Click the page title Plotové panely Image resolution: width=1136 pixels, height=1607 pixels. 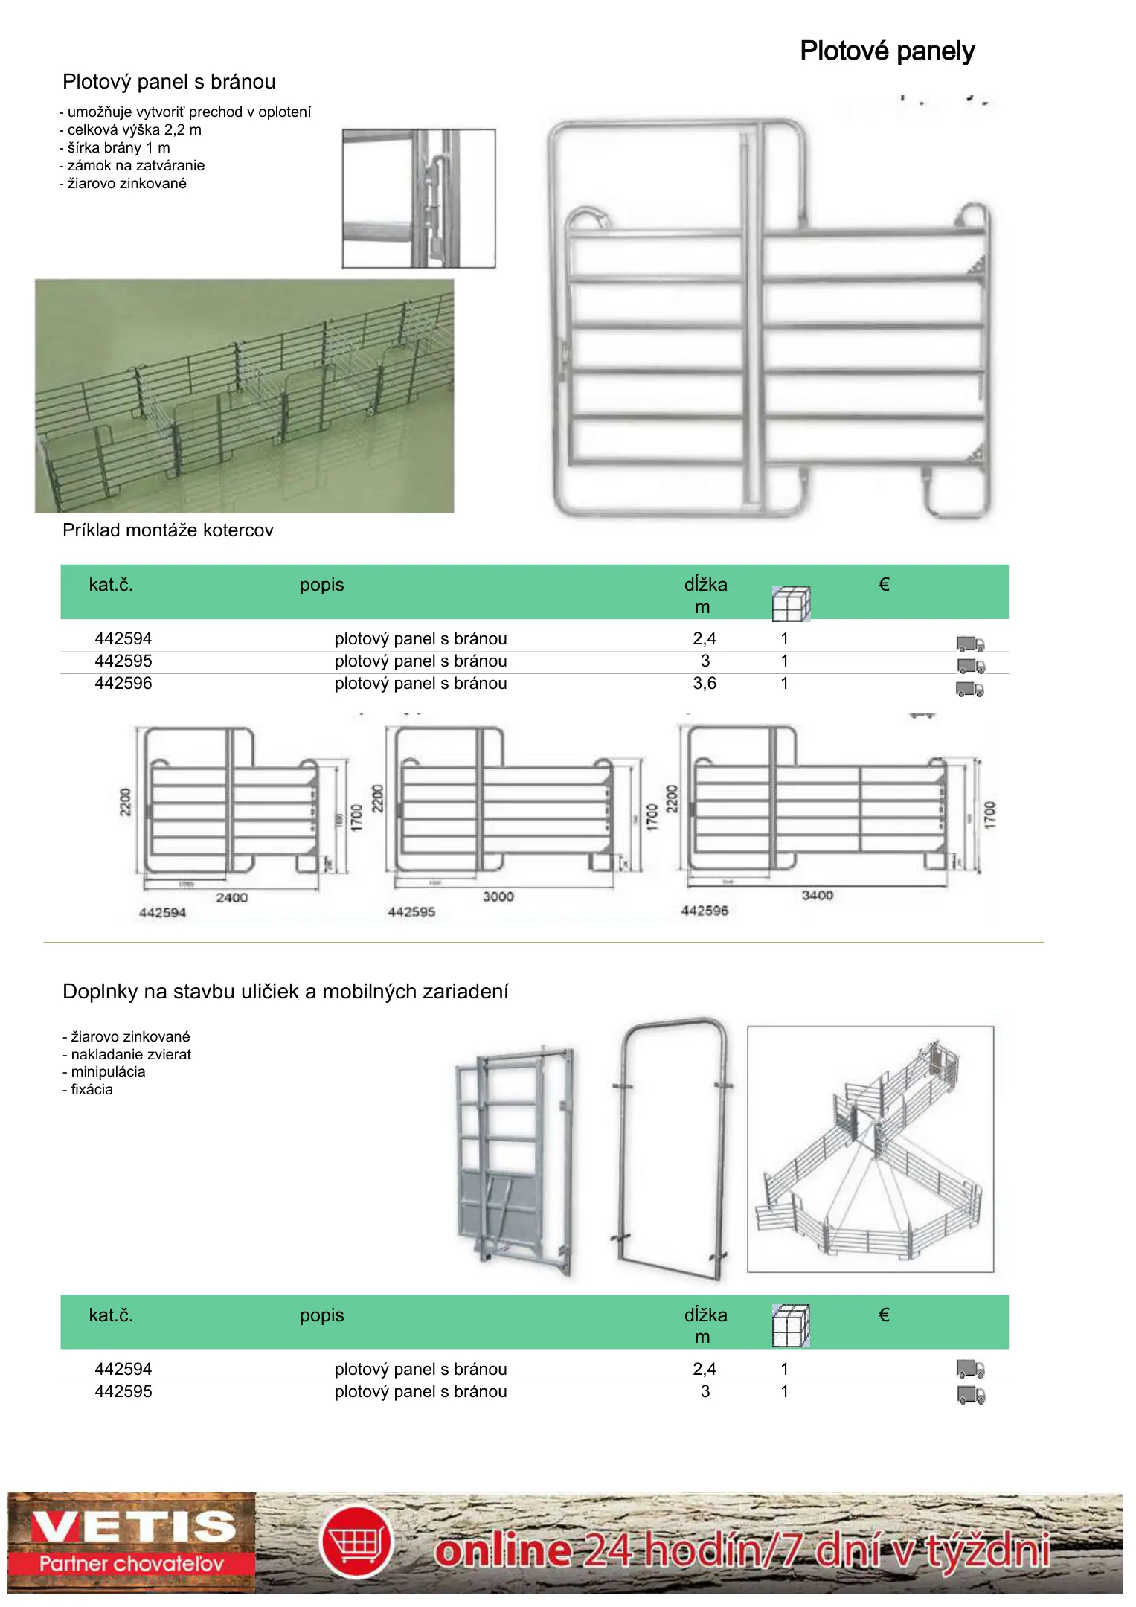(887, 51)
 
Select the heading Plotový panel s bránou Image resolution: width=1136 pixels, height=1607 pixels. (169, 82)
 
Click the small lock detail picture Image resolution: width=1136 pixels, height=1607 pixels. (419, 198)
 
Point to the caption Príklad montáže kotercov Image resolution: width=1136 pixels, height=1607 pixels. (168, 530)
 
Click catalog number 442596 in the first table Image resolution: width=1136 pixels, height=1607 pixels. (123, 683)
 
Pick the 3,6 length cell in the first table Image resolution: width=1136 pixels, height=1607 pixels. (705, 683)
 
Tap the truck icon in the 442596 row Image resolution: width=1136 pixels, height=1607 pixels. (970, 689)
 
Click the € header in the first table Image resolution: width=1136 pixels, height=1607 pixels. (884, 585)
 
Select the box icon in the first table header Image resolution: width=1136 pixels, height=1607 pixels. (791, 603)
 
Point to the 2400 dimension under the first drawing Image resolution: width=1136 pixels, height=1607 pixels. (232, 897)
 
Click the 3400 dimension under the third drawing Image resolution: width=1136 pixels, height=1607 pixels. (817, 895)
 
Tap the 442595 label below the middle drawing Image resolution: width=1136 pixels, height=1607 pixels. (411, 911)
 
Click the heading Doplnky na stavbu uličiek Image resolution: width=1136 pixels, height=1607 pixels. (286, 992)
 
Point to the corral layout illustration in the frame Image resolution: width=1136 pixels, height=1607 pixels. (870, 1149)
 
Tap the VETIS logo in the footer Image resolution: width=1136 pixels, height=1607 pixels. (132, 1542)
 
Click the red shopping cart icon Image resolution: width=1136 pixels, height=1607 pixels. (356, 1541)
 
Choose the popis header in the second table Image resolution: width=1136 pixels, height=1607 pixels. (322, 1315)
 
